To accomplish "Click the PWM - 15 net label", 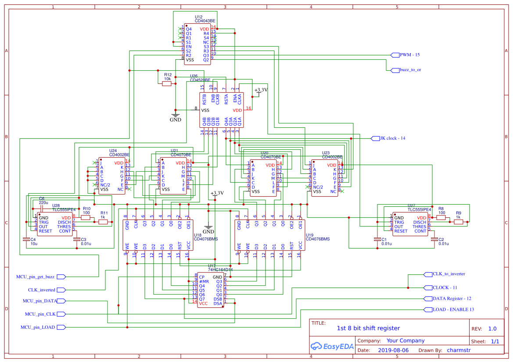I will [409, 55].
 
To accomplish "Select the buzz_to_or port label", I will [410, 70].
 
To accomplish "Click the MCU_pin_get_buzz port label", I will [35, 277].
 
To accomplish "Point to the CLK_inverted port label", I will [42, 290].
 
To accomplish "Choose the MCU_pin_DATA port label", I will [40, 301].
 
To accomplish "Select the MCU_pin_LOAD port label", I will [38, 327].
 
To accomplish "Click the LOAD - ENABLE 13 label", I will [453, 309].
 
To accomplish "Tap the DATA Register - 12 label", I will [452, 298].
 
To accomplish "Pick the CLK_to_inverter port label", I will [448, 274].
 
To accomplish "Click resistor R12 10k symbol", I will [167, 83].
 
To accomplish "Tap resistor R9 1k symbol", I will [459, 222].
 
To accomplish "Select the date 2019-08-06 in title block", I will [393, 350].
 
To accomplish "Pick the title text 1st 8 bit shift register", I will [368, 328].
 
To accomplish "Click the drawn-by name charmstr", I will [459, 350].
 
